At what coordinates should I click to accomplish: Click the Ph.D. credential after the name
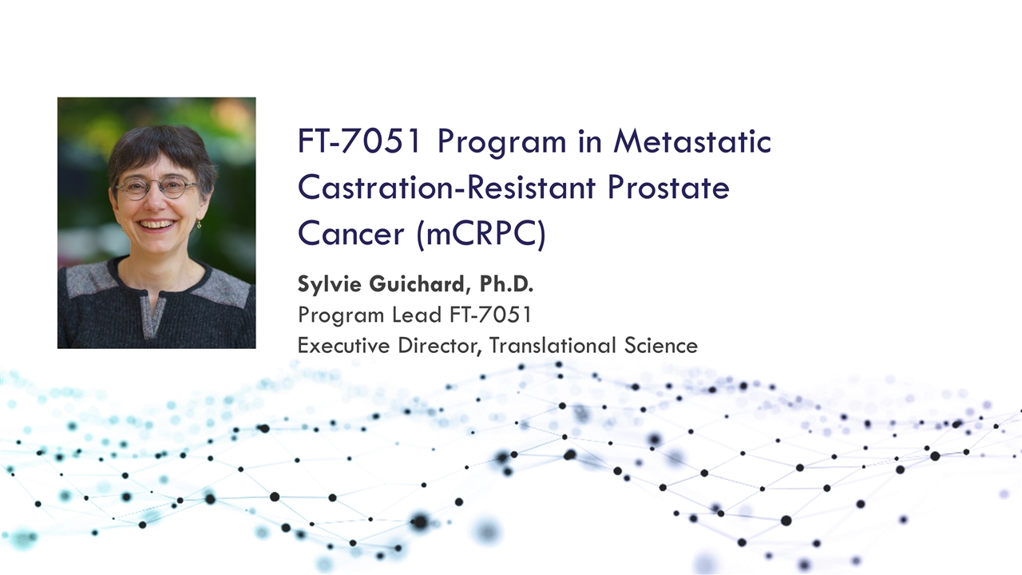tap(504, 284)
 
